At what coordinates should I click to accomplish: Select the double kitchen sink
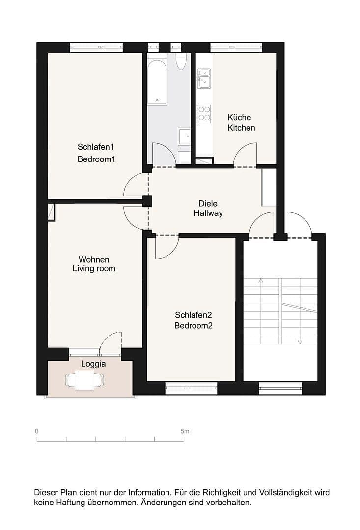coord(204,79)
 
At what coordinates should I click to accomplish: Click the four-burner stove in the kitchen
coord(204,113)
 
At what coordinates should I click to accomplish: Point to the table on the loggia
coord(84,380)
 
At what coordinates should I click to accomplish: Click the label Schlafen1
coord(96,147)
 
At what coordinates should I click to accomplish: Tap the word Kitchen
coord(241,128)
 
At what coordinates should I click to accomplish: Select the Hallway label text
coord(208,213)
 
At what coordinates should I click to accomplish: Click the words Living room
coord(94,268)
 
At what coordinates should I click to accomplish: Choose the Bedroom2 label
coord(193,325)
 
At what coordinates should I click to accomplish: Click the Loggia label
coord(93,364)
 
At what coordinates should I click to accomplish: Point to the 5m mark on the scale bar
coord(185,431)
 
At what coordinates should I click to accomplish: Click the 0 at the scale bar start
coord(37,431)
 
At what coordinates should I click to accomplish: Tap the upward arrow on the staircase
coord(261,282)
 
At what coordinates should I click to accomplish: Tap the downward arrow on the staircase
coord(300,341)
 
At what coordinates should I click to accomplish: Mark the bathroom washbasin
coord(185,137)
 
